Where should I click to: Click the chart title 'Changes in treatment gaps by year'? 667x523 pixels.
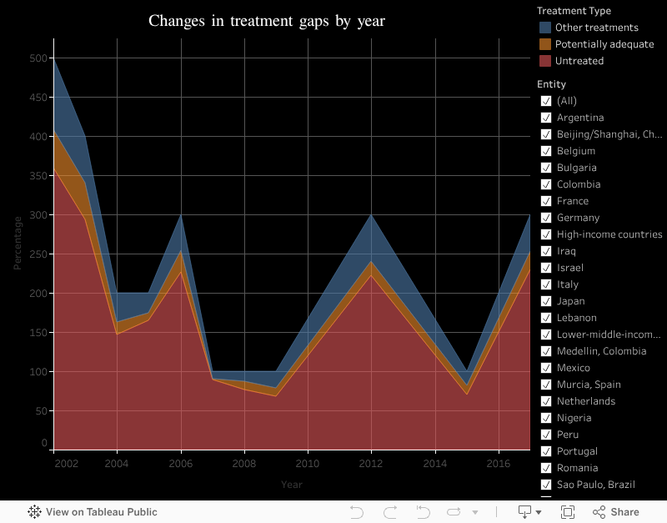pos(267,21)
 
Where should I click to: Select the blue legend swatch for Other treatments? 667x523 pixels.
pos(545,28)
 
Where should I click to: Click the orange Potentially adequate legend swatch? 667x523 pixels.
pos(545,44)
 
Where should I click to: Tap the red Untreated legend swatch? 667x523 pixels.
pos(545,61)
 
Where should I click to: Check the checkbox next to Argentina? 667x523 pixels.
pos(546,118)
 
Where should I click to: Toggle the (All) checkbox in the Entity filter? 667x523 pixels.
pos(546,101)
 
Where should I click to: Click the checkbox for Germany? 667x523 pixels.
pos(546,218)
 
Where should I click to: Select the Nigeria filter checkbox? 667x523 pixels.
pos(546,418)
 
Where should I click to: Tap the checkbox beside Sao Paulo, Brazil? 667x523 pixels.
pos(546,485)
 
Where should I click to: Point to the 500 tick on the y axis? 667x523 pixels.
pos(38,58)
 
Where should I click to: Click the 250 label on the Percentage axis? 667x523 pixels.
pos(38,254)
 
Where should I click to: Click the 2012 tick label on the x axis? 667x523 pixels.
pos(371,463)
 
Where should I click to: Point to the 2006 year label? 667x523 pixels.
pos(180,463)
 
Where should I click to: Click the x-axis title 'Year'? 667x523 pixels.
pos(292,485)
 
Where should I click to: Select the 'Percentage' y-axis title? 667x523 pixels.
pos(18,243)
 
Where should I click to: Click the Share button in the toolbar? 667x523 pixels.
pos(616,512)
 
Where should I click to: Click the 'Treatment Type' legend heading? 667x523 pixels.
pos(574,11)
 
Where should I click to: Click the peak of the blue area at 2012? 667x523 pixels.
pos(371,216)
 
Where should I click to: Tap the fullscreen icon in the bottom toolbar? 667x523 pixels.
pos(568,512)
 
